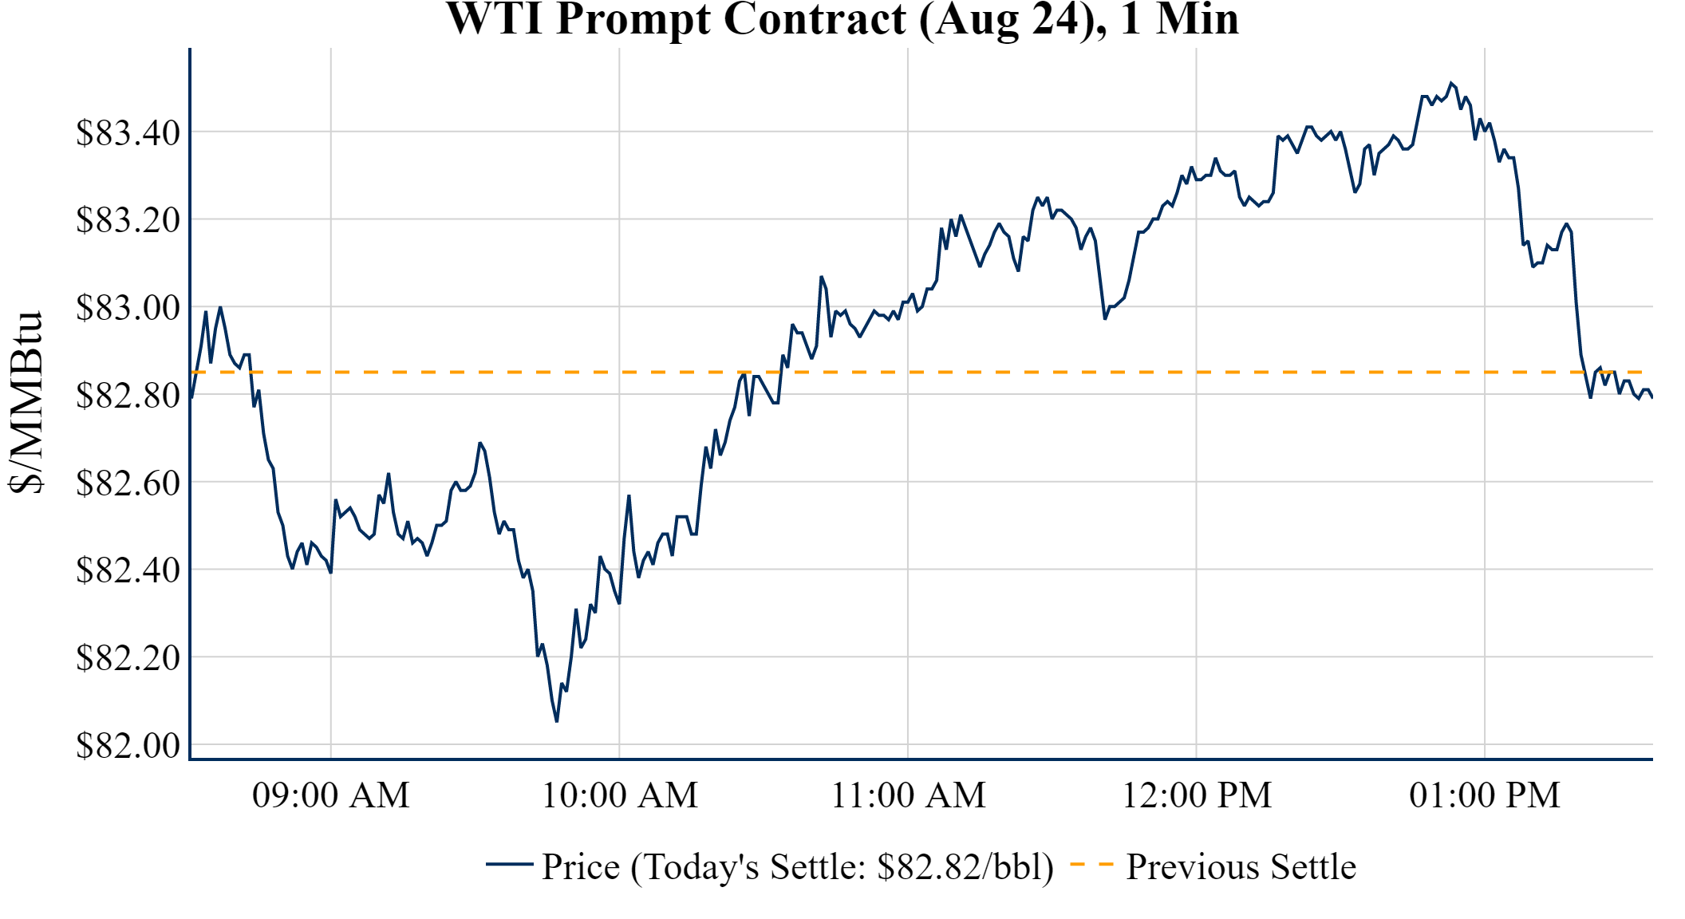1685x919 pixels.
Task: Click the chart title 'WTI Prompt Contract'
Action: [x=842, y=19]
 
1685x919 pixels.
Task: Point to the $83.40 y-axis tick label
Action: [x=128, y=132]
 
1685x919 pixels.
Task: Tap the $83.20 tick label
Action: [x=128, y=220]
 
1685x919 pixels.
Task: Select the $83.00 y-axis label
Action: [x=128, y=308]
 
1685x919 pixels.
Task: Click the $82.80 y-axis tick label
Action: [x=128, y=395]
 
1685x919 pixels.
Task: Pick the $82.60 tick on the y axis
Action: [x=128, y=483]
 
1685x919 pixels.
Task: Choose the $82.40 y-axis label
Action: [x=128, y=570]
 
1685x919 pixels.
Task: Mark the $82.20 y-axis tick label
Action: [x=128, y=658]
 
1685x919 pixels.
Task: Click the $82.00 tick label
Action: [x=128, y=746]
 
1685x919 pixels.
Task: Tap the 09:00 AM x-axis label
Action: [x=331, y=795]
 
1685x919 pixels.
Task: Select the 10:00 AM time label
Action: [x=620, y=795]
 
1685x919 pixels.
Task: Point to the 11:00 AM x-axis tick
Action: [x=909, y=795]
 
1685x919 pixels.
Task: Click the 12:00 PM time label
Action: [x=1197, y=795]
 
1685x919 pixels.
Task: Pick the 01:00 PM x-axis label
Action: [x=1485, y=795]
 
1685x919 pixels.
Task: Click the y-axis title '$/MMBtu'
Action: [x=26, y=403]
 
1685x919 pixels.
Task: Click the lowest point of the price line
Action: [x=557, y=721]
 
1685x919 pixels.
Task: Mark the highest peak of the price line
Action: [x=1451, y=83]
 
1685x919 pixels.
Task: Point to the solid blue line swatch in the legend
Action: [x=509, y=864]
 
